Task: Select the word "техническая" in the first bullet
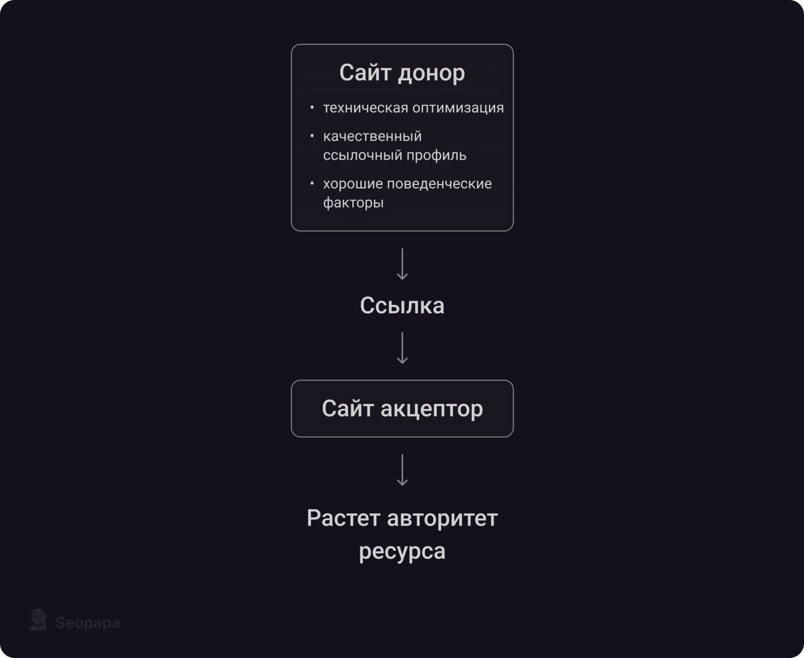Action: [366, 108]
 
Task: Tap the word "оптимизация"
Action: [458, 108]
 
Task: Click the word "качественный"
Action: [372, 137]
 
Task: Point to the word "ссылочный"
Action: [362, 156]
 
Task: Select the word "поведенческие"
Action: [439, 184]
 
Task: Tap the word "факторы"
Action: [353, 203]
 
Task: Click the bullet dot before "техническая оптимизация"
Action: [312, 107]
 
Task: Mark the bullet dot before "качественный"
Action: [312, 136]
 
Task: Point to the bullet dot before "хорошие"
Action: [312, 183]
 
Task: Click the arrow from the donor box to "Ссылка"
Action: [402, 265]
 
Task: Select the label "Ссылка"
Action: [402, 305]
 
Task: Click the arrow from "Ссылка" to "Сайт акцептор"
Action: [402, 348]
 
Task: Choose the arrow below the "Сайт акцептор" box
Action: [402, 470]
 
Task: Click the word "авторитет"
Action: [442, 518]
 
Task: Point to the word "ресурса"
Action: [402, 552]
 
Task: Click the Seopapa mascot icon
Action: [39, 619]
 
